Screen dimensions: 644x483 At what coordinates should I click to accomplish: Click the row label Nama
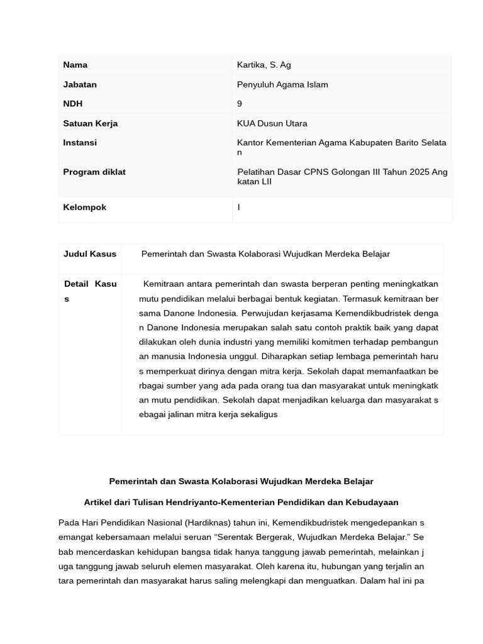click(x=75, y=65)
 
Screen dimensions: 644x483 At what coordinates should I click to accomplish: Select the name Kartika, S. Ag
click(x=264, y=65)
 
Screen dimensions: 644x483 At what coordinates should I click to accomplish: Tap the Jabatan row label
click(x=80, y=84)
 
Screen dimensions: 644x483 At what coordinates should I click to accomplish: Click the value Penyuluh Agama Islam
click(x=282, y=84)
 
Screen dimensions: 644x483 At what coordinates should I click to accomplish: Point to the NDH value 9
click(x=240, y=104)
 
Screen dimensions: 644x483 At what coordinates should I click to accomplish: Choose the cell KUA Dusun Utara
click(x=272, y=123)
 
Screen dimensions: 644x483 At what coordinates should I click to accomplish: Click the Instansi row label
click(x=80, y=143)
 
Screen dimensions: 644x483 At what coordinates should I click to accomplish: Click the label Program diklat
click(x=94, y=172)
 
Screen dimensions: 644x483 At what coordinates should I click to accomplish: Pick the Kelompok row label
click(x=85, y=207)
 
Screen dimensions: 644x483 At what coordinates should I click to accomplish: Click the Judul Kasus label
click(x=90, y=254)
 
